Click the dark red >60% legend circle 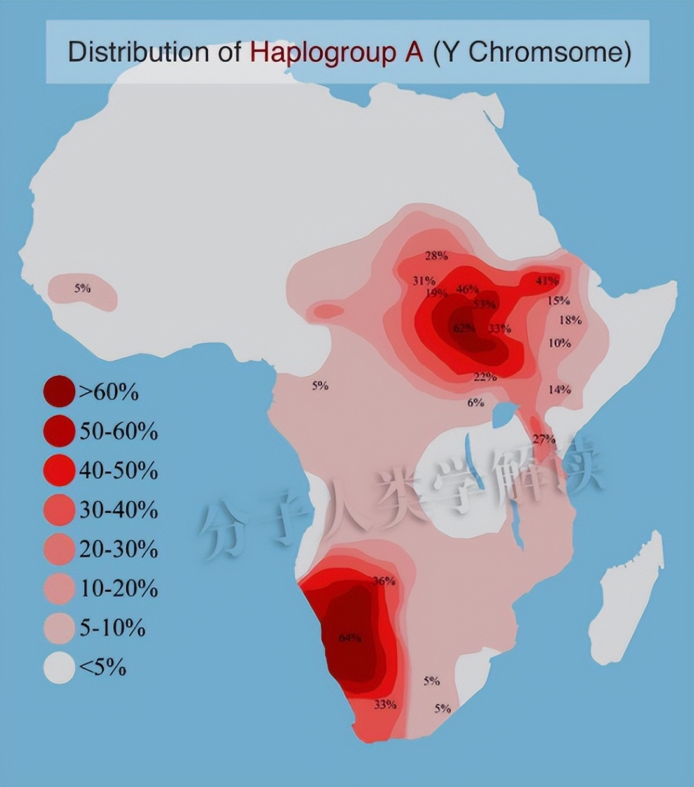click(x=59, y=392)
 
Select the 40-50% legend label click(x=118, y=471)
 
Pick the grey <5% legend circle click(x=59, y=668)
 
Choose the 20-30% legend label click(x=118, y=549)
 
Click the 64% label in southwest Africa click(x=350, y=637)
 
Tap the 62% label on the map click(x=464, y=328)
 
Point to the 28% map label click(x=436, y=256)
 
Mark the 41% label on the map click(x=547, y=280)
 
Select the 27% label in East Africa click(x=544, y=439)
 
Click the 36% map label click(x=384, y=581)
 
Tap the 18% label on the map click(x=570, y=320)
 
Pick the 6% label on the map click(x=476, y=402)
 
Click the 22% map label click(x=485, y=377)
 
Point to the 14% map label click(x=559, y=389)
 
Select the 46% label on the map click(x=467, y=289)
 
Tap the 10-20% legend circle click(x=59, y=589)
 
